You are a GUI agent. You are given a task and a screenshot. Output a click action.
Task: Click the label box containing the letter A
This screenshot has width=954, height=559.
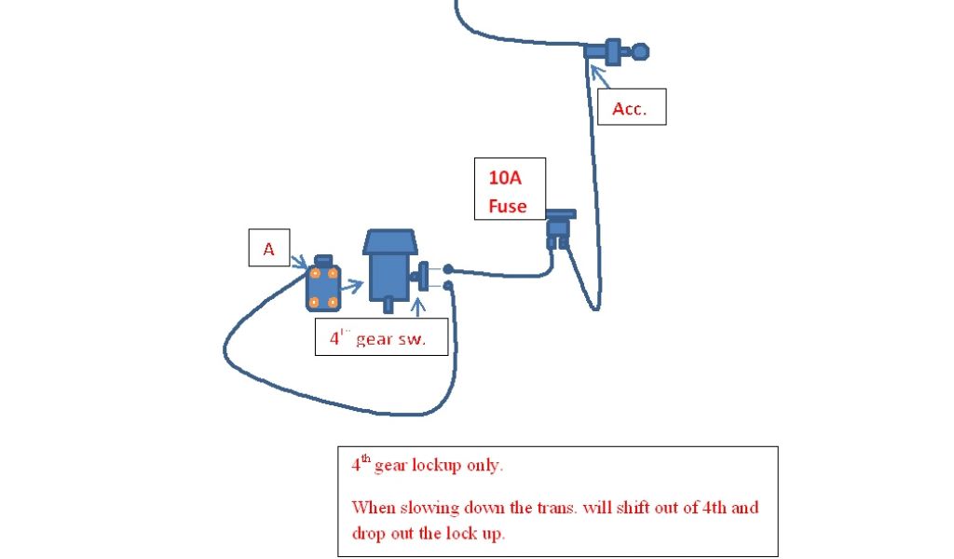[x=268, y=249]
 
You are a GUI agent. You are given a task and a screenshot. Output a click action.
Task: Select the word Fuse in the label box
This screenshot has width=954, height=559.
[x=508, y=206]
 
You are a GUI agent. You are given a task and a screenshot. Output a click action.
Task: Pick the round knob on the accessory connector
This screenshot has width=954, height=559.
[x=640, y=51]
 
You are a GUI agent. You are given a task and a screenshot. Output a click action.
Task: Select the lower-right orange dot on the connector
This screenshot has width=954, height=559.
[x=333, y=302]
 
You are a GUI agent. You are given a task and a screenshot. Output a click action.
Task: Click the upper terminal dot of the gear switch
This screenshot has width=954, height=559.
[x=448, y=268]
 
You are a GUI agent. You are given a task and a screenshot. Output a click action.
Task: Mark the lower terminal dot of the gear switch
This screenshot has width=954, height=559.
[x=448, y=285]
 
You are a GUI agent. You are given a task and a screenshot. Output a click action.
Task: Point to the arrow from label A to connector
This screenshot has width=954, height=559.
[x=300, y=264]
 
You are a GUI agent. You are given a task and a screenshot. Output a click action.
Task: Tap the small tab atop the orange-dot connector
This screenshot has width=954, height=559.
[x=323, y=258]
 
